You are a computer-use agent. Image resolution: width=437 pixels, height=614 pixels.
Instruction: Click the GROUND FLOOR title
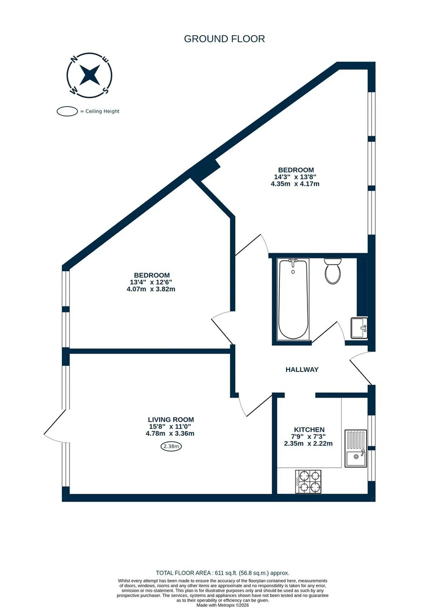point(224,39)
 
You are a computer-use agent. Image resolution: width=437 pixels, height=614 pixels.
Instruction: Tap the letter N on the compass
point(74,59)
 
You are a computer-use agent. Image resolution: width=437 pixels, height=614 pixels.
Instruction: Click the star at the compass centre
point(90,75)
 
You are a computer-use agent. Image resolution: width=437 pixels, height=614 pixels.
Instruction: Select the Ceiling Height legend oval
point(67,112)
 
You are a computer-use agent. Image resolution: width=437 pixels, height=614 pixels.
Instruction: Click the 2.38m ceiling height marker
point(171,447)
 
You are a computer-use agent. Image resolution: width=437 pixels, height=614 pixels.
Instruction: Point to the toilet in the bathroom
point(332,271)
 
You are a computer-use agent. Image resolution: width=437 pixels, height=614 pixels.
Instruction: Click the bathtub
point(293,299)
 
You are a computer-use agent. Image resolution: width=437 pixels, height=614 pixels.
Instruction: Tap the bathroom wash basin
point(359,328)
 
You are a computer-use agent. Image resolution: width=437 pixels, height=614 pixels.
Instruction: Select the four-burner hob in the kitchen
point(308,481)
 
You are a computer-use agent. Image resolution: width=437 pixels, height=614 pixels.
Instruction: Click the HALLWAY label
point(302,369)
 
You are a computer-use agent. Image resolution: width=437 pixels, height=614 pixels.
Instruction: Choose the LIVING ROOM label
point(171,420)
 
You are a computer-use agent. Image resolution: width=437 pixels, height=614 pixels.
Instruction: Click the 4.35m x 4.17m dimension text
point(295,184)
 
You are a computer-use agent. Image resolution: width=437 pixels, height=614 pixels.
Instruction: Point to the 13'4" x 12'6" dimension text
point(151,282)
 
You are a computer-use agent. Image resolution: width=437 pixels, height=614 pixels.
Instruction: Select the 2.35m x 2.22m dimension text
point(308,444)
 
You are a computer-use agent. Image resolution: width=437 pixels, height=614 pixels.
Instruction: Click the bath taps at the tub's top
point(293,262)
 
